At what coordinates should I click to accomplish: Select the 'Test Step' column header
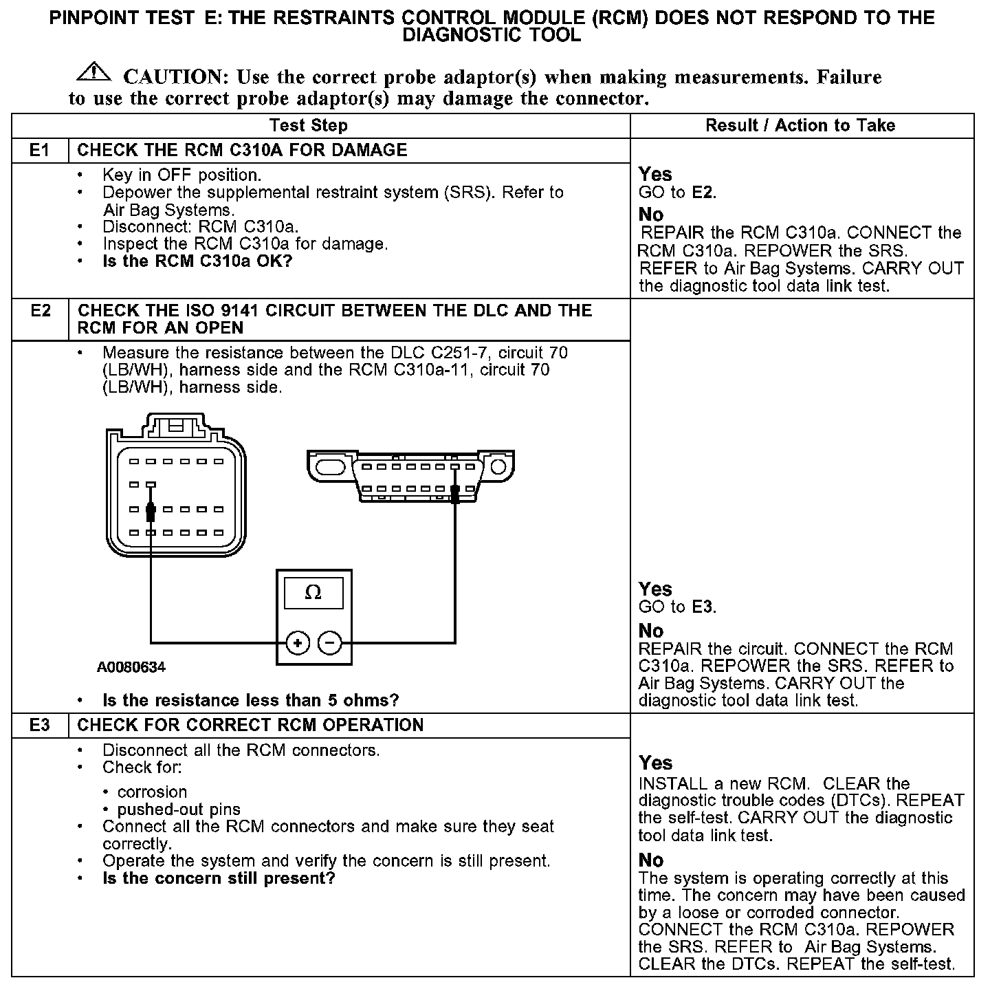point(309,125)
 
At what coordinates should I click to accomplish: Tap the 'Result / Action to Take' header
point(800,125)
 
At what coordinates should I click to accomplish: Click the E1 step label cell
point(40,150)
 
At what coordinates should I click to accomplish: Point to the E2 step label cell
point(41,311)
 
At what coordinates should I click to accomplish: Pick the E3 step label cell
point(40,725)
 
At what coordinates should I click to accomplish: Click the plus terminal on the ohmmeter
point(298,643)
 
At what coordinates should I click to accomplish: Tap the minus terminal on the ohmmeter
point(330,643)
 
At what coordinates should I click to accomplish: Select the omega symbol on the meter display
point(313,593)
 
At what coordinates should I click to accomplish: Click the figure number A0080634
point(131,667)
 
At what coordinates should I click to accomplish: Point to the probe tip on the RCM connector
point(151,512)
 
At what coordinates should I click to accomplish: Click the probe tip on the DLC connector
point(454,494)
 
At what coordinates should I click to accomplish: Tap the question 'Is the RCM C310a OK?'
point(197,261)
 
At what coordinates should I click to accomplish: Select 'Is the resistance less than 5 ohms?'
point(250,700)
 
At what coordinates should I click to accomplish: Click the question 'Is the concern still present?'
point(219,878)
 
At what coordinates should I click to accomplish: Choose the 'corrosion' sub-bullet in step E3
point(152,792)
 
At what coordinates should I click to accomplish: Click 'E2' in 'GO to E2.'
point(703,193)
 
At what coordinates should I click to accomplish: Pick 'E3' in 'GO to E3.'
point(703,607)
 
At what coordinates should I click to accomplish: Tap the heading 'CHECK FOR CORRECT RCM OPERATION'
point(250,725)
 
